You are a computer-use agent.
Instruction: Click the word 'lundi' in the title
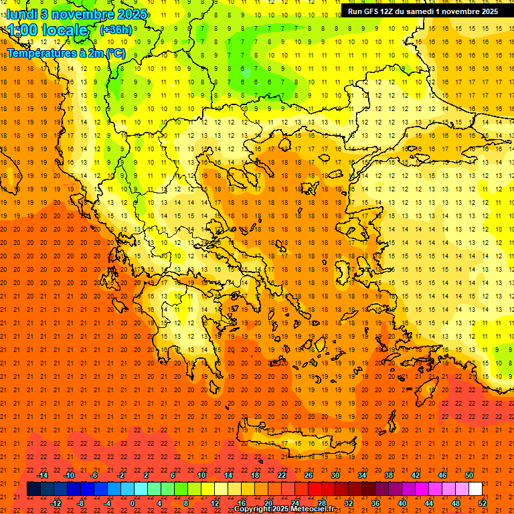pos(21,14)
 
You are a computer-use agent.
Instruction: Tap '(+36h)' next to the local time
pos(116,30)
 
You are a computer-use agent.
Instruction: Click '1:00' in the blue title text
pos(21,30)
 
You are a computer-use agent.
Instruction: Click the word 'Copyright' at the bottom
pos(252,509)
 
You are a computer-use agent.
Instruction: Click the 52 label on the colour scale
pos(483,503)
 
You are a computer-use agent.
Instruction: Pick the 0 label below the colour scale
pos(133,503)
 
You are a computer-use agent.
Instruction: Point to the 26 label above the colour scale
pos(309,475)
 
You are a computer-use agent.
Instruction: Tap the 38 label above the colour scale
pos(389,475)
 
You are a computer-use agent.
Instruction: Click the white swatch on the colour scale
pos(475,489)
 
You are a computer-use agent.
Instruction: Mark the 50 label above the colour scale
pos(469,475)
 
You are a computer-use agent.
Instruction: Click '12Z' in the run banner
pos(389,11)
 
